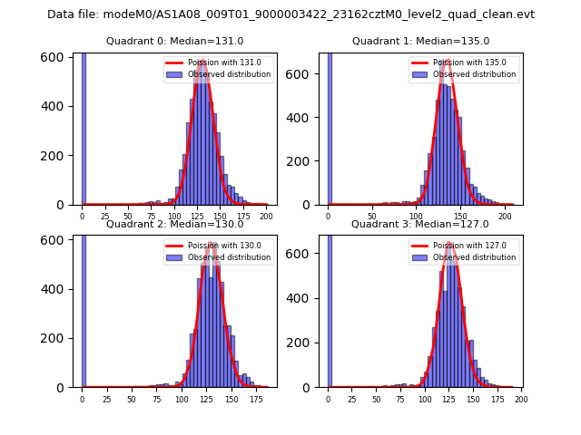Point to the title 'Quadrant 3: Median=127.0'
click(420, 224)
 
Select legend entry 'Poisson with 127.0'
click(470, 246)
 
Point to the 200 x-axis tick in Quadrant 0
click(266, 216)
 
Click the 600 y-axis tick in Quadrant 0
click(56, 57)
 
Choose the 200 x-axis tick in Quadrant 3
click(521, 399)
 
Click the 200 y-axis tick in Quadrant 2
click(56, 338)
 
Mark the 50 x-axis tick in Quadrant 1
click(372, 216)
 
